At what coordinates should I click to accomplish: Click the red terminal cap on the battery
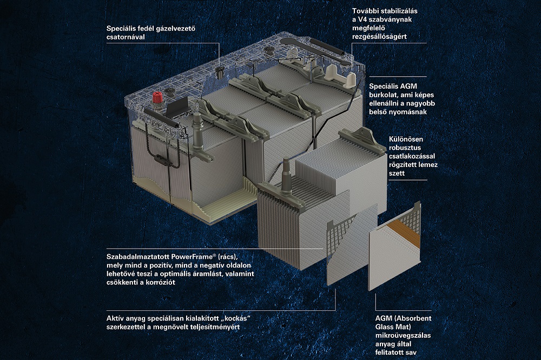click(157, 99)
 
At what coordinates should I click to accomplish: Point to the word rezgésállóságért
click(380, 37)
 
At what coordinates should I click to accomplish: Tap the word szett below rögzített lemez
click(397, 173)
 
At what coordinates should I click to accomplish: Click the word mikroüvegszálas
click(403, 335)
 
